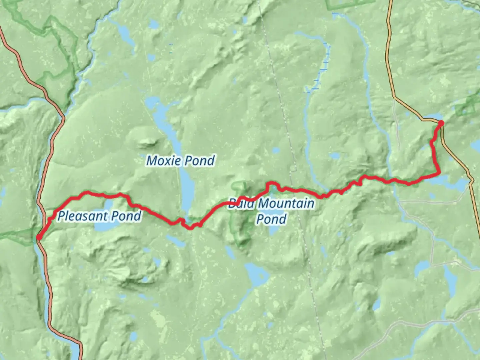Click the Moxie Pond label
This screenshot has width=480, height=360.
click(180, 161)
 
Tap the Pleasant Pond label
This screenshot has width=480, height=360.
click(99, 216)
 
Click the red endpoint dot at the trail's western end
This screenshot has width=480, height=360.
click(39, 237)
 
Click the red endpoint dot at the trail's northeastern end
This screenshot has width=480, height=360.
click(441, 123)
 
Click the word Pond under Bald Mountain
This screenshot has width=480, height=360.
click(271, 219)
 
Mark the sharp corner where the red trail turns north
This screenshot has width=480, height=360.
click(439, 173)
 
